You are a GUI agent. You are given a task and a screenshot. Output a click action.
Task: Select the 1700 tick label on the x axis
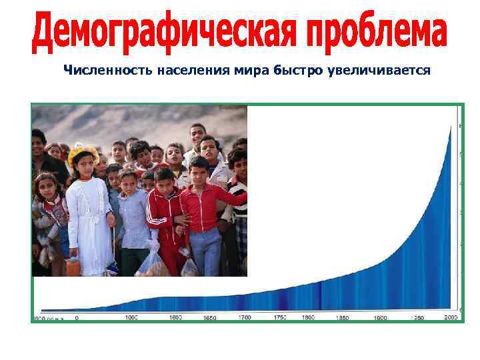pos(246,319)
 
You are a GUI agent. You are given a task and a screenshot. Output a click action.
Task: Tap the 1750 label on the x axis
pos(281,318)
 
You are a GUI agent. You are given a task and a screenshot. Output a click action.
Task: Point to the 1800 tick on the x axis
pos(308,318)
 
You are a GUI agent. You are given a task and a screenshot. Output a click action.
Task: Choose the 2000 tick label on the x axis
pos(452,318)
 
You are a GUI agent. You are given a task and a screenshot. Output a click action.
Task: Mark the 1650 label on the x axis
pos(209,319)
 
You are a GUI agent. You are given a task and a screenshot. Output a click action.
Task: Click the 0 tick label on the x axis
pos(77,318)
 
